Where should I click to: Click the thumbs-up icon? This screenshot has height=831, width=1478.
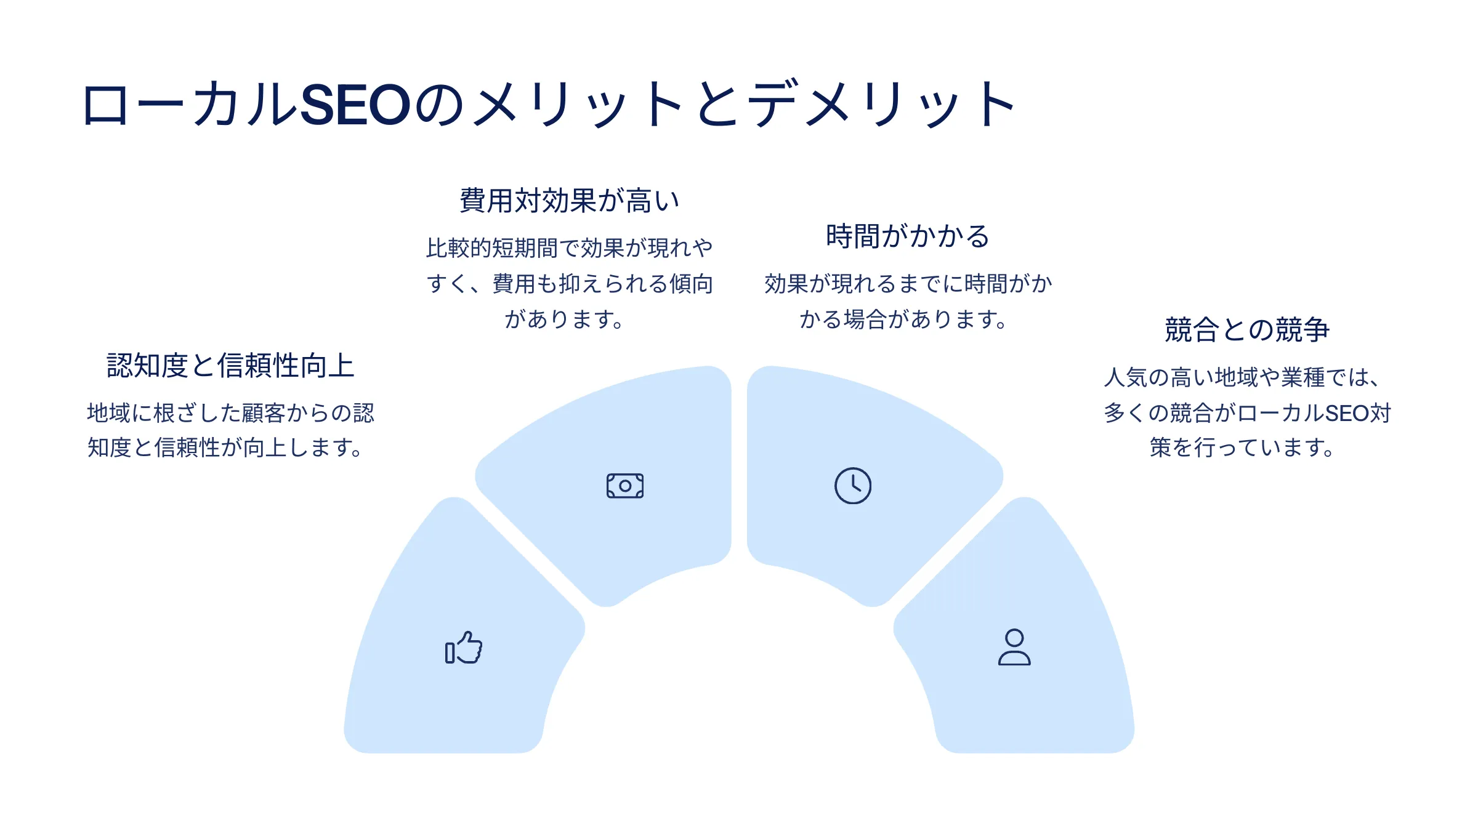(x=464, y=648)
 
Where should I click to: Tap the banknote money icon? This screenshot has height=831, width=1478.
(x=625, y=486)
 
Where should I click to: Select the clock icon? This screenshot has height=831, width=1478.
(x=853, y=486)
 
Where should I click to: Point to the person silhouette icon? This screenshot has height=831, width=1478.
(x=1014, y=647)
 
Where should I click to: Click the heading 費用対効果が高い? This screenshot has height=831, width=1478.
(x=570, y=201)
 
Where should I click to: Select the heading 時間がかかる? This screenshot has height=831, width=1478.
(x=908, y=236)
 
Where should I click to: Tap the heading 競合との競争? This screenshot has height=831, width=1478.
(x=1247, y=329)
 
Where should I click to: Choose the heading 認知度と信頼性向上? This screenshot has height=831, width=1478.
(x=230, y=365)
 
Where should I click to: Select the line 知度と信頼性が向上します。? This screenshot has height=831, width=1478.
(x=225, y=448)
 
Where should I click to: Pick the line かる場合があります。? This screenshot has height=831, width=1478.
(x=903, y=319)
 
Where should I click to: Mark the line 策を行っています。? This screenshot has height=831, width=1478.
(x=1242, y=448)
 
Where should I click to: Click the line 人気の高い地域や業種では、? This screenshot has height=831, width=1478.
(x=1242, y=377)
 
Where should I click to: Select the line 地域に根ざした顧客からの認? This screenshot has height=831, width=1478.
(x=230, y=413)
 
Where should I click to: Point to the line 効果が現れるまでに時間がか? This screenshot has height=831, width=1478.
(x=908, y=284)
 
